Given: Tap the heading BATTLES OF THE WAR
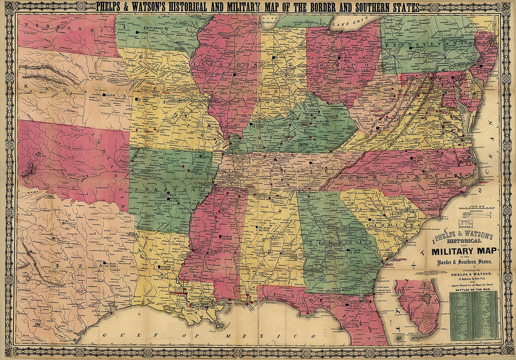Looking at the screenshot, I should pos(473,289).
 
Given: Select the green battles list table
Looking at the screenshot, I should pos(473,315).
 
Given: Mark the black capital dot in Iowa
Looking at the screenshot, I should pos(137,32).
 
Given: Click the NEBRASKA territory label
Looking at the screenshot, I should pos(52,26).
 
